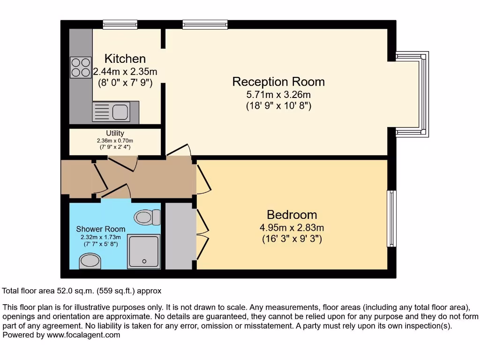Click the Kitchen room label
point(125,59)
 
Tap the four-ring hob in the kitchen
point(81,67)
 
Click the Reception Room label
point(278,82)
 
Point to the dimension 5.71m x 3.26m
point(278,95)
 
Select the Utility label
point(115,134)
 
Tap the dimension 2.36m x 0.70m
point(115,141)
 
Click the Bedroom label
point(292,215)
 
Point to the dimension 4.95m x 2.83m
point(292,228)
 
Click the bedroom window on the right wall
point(391,218)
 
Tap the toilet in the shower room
point(147,217)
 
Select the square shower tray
point(144,252)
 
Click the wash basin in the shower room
point(90,261)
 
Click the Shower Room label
point(101,229)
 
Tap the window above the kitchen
point(120,24)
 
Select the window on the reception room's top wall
point(205,24)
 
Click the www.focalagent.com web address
point(83,335)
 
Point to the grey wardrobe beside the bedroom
point(179,236)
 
